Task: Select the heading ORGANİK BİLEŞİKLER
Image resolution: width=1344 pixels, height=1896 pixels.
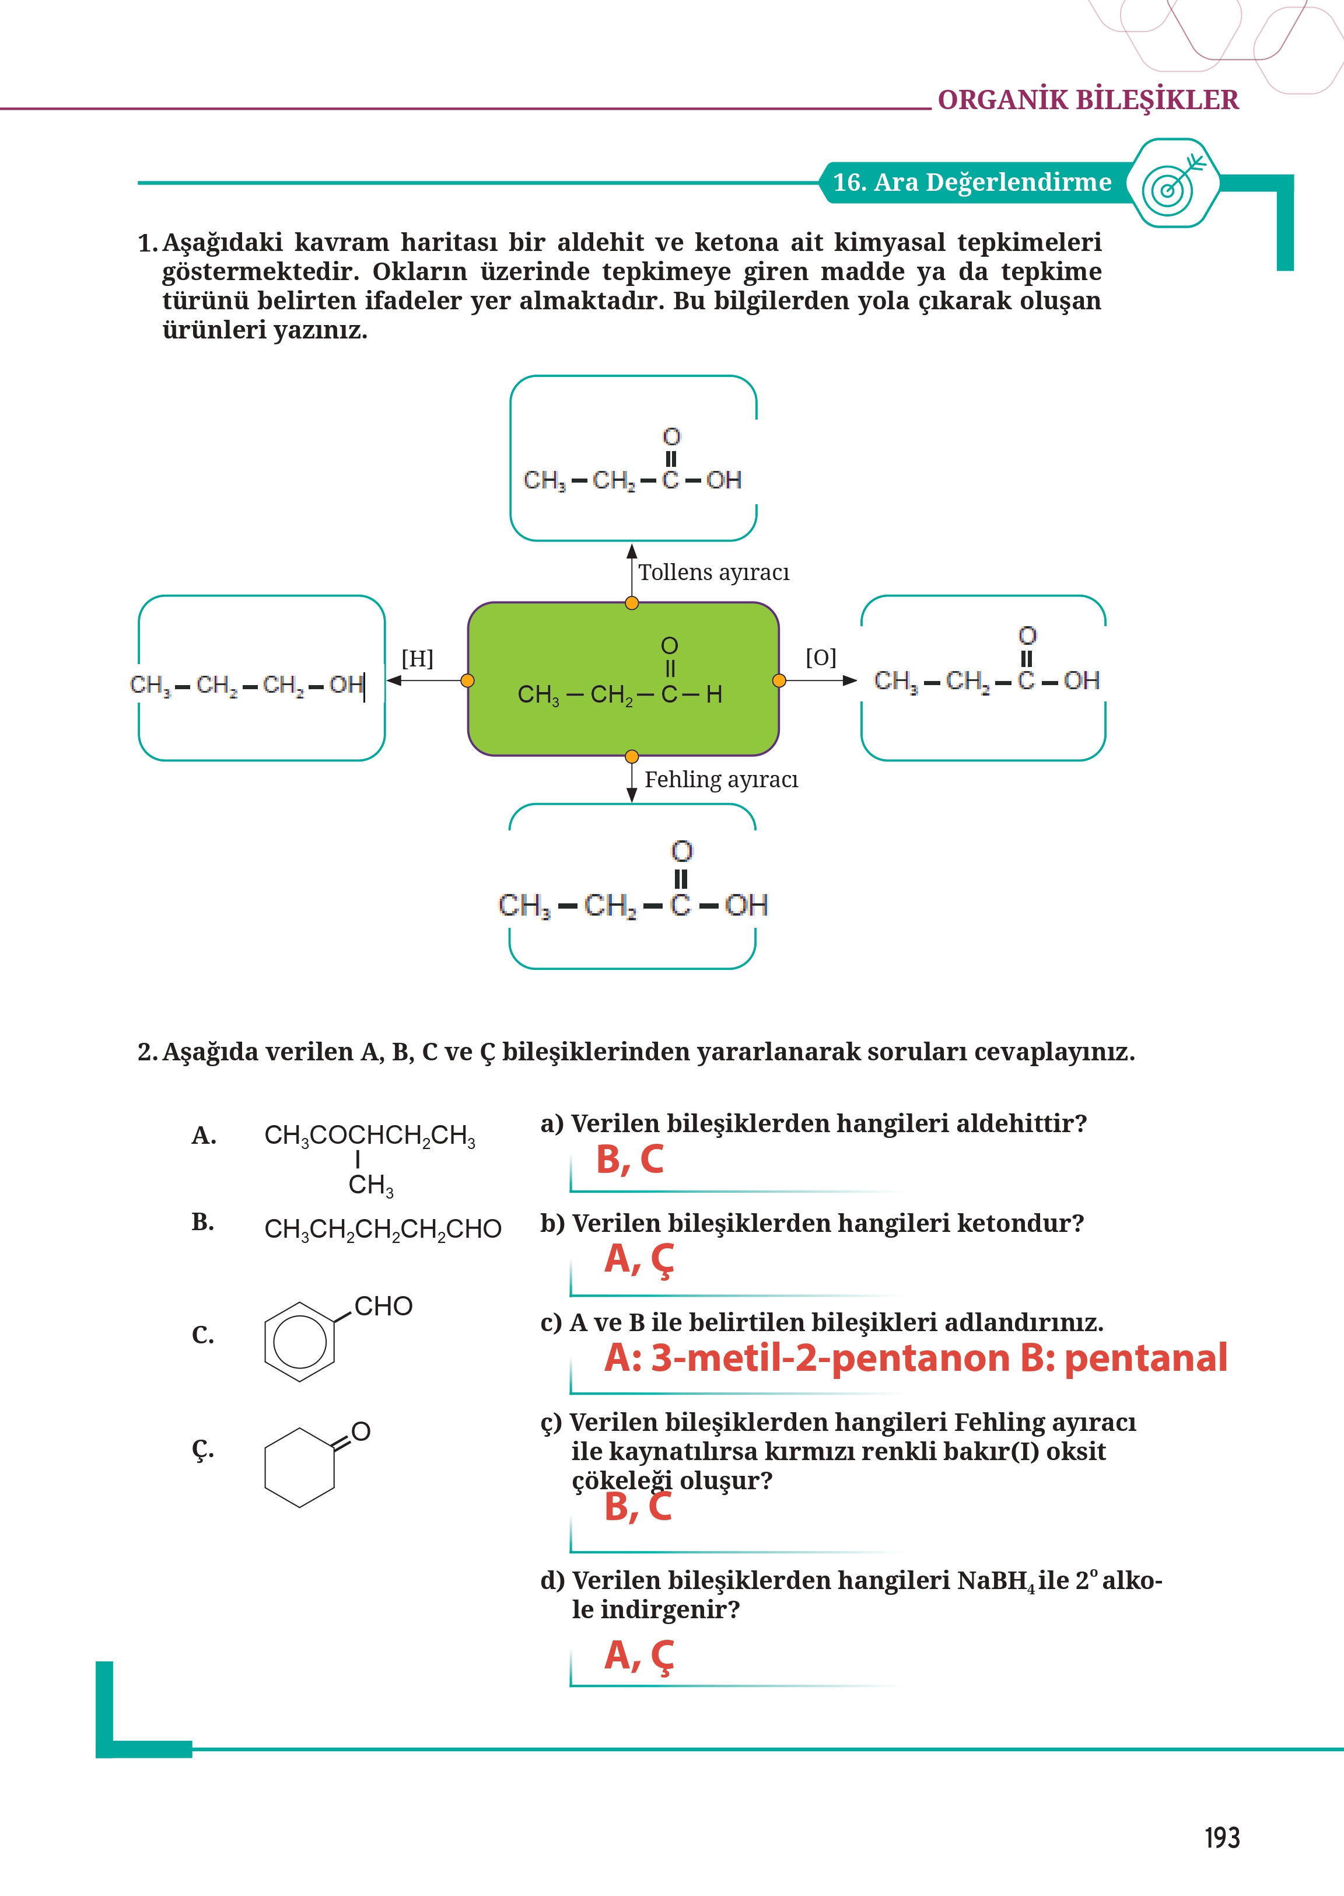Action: pyautogui.click(x=1087, y=100)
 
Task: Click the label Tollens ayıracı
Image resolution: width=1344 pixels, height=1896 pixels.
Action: pyautogui.click(x=713, y=572)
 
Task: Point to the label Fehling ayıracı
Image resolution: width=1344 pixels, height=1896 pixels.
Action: pyautogui.click(x=721, y=779)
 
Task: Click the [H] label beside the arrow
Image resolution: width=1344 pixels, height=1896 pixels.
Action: pyautogui.click(x=417, y=658)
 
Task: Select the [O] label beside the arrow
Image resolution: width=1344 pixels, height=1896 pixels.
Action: pyautogui.click(x=820, y=658)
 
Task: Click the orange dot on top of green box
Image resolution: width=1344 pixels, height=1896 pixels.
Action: pyautogui.click(x=631, y=603)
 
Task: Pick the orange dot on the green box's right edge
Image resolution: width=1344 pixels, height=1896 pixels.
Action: pyautogui.click(x=779, y=680)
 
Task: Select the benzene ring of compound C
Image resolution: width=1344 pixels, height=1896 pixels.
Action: pyautogui.click(x=300, y=1341)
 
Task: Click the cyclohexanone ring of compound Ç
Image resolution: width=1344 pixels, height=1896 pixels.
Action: pyautogui.click(x=300, y=1466)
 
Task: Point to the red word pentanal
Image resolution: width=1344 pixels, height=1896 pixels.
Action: pyautogui.click(x=1146, y=1359)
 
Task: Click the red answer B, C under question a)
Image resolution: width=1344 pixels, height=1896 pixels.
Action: pyautogui.click(x=630, y=1160)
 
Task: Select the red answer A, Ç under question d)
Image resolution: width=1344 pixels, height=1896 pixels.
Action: pyautogui.click(x=639, y=1656)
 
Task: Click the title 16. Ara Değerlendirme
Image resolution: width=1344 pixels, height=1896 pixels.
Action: pyautogui.click(x=972, y=182)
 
